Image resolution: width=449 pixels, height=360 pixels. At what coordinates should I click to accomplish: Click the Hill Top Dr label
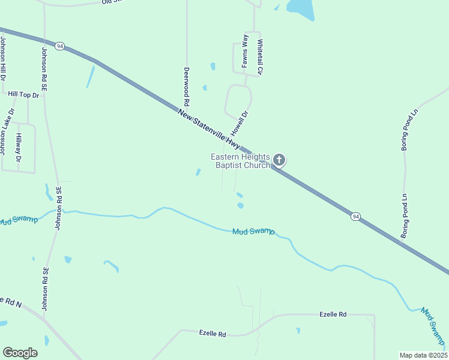[23, 95]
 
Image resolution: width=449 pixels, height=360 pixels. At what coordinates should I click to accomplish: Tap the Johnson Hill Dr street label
[3, 59]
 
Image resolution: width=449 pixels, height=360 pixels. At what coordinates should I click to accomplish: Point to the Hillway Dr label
[19, 147]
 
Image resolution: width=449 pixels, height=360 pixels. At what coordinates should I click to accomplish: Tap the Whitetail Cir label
[260, 57]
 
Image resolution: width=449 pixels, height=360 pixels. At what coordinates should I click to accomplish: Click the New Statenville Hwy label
[209, 129]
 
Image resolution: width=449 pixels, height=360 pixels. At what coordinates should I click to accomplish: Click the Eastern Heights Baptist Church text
[240, 161]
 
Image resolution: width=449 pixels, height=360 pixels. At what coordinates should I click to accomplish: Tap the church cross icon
[279, 160]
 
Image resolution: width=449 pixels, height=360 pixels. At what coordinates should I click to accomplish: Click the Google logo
[20, 353]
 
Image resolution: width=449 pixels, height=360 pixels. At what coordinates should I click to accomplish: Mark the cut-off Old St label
[112, 2]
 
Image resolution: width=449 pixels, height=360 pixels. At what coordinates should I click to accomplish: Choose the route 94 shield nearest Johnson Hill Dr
[59, 46]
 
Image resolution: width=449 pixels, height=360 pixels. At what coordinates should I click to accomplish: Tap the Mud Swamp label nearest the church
[253, 231]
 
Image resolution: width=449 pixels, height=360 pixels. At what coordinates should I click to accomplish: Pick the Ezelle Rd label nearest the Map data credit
[333, 314]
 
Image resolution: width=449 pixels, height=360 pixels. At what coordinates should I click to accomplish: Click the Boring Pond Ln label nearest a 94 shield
[405, 215]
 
